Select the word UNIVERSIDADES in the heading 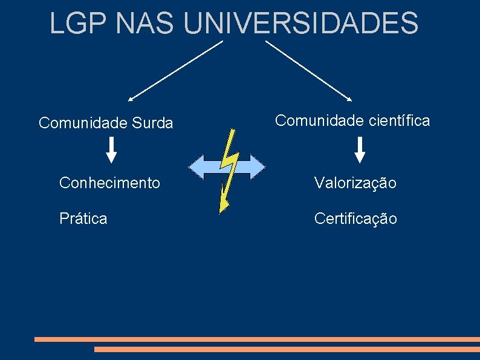(300, 24)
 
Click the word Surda (151, 123)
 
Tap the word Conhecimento (109, 182)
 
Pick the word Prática (83, 218)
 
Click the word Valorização (355, 183)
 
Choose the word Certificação (355, 219)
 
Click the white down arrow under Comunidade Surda (112, 150)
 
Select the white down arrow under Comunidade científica (360, 150)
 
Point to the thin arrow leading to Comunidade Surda (175, 70)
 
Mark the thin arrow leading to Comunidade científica (309, 70)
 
